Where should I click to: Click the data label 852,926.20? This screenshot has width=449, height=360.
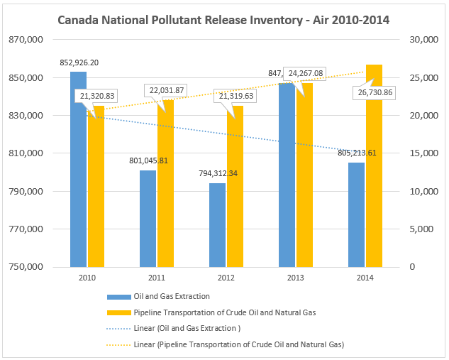(79, 62)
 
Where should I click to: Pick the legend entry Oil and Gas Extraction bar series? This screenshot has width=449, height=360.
(161, 297)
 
